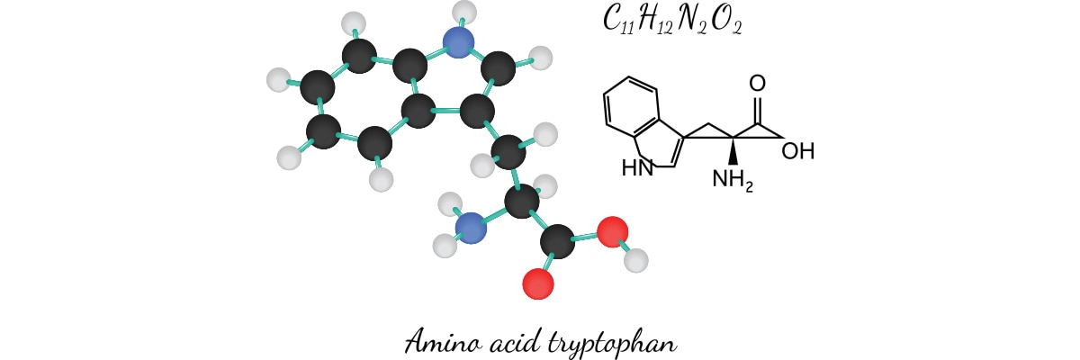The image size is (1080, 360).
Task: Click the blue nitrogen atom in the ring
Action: (459, 41)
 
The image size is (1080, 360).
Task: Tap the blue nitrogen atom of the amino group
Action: (469, 228)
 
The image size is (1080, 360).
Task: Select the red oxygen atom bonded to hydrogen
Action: (612, 232)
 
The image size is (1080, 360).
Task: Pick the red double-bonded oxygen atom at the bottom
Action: (538, 284)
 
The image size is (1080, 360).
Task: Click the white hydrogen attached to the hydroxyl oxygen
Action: (636, 262)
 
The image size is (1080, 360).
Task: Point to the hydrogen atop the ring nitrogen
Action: (464, 12)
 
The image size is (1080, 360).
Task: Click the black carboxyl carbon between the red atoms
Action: (558, 242)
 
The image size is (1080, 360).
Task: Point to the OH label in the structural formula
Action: (797, 151)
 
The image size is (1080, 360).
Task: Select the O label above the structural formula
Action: (757, 84)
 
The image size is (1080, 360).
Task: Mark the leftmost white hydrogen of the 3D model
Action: (279, 80)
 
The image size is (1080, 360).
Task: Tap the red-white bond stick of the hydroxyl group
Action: (625, 247)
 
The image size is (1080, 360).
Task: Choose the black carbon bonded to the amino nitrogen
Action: (521, 202)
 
